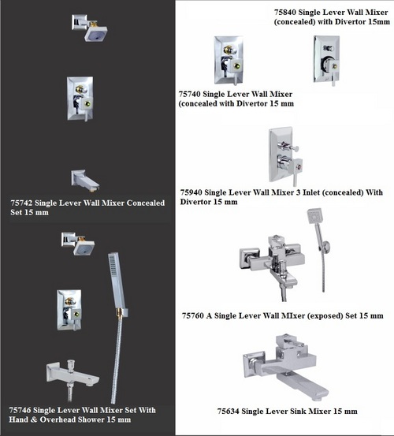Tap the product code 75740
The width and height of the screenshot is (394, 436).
click(x=189, y=95)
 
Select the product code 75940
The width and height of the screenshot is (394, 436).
click(x=191, y=192)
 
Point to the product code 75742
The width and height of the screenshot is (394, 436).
click(x=21, y=203)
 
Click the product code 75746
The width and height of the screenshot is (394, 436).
click(x=20, y=410)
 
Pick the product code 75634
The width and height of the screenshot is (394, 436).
click(x=228, y=412)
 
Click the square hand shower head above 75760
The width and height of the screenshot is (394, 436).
click(x=314, y=215)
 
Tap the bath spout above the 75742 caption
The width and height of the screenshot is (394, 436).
click(x=85, y=181)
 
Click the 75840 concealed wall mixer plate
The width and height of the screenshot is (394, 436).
click(x=327, y=59)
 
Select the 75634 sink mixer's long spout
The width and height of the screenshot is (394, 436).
click(x=300, y=384)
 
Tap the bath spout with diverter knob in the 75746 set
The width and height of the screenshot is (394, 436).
click(x=72, y=374)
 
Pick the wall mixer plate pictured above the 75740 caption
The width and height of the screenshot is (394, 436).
click(x=229, y=61)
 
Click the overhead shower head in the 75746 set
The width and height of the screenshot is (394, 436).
click(x=78, y=244)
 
